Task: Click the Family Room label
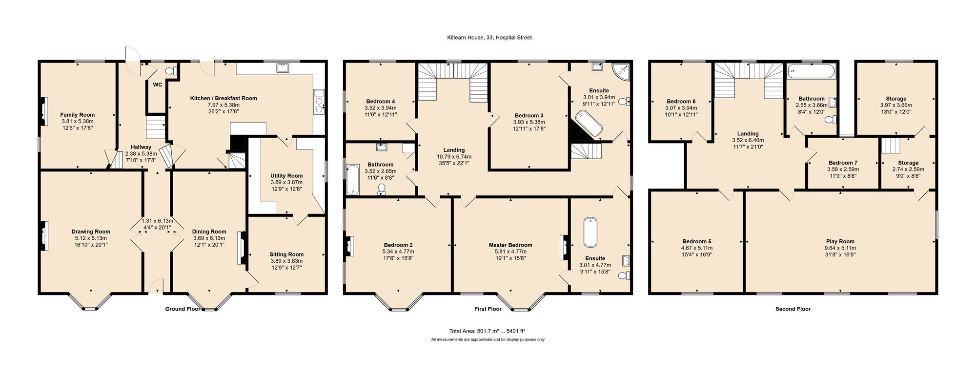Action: click(x=78, y=115)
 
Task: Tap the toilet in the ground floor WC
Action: click(x=171, y=71)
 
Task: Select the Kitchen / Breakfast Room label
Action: click(x=224, y=98)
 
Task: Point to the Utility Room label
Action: click(x=286, y=176)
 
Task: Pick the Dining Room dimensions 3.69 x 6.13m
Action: click(x=209, y=238)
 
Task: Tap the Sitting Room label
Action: click(x=286, y=254)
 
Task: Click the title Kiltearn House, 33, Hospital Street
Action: click(x=489, y=37)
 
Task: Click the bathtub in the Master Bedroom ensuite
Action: click(x=590, y=232)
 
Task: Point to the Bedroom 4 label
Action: click(x=381, y=102)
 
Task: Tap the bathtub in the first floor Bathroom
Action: click(x=352, y=179)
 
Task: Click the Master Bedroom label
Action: click(x=510, y=245)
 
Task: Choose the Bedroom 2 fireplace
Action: click(x=349, y=246)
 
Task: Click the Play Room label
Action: click(x=840, y=241)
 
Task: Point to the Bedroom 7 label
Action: click(x=843, y=163)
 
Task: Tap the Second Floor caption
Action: click(x=793, y=309)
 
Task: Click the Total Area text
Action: click(x=488, y=331)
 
